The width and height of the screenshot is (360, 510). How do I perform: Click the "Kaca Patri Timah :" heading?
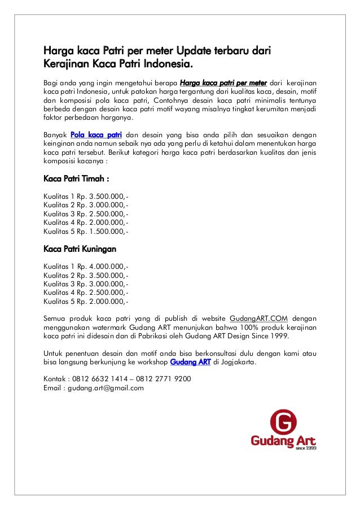[76, 179]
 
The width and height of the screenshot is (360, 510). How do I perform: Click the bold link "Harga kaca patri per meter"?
[222, 84]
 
